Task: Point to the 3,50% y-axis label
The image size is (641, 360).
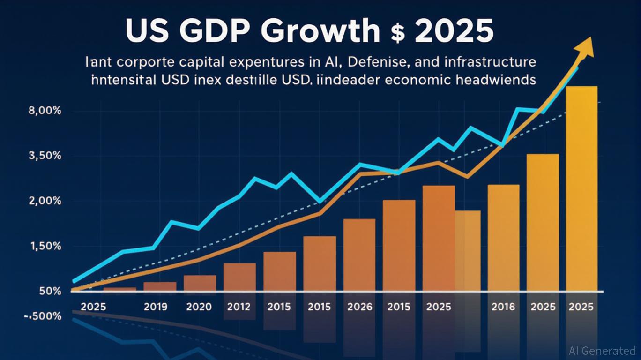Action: [45, 156]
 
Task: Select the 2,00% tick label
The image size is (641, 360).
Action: [45, 201]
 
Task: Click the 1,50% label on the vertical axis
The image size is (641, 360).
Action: [45, 246]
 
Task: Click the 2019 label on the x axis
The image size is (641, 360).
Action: [159, 307]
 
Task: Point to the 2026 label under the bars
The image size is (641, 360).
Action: [360, 307]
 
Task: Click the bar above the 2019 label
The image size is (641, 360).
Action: [160, 286]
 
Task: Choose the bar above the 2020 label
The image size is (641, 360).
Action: [200, 283]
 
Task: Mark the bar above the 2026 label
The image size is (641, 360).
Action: [359, 255]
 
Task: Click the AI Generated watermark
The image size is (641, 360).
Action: [602, 351]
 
